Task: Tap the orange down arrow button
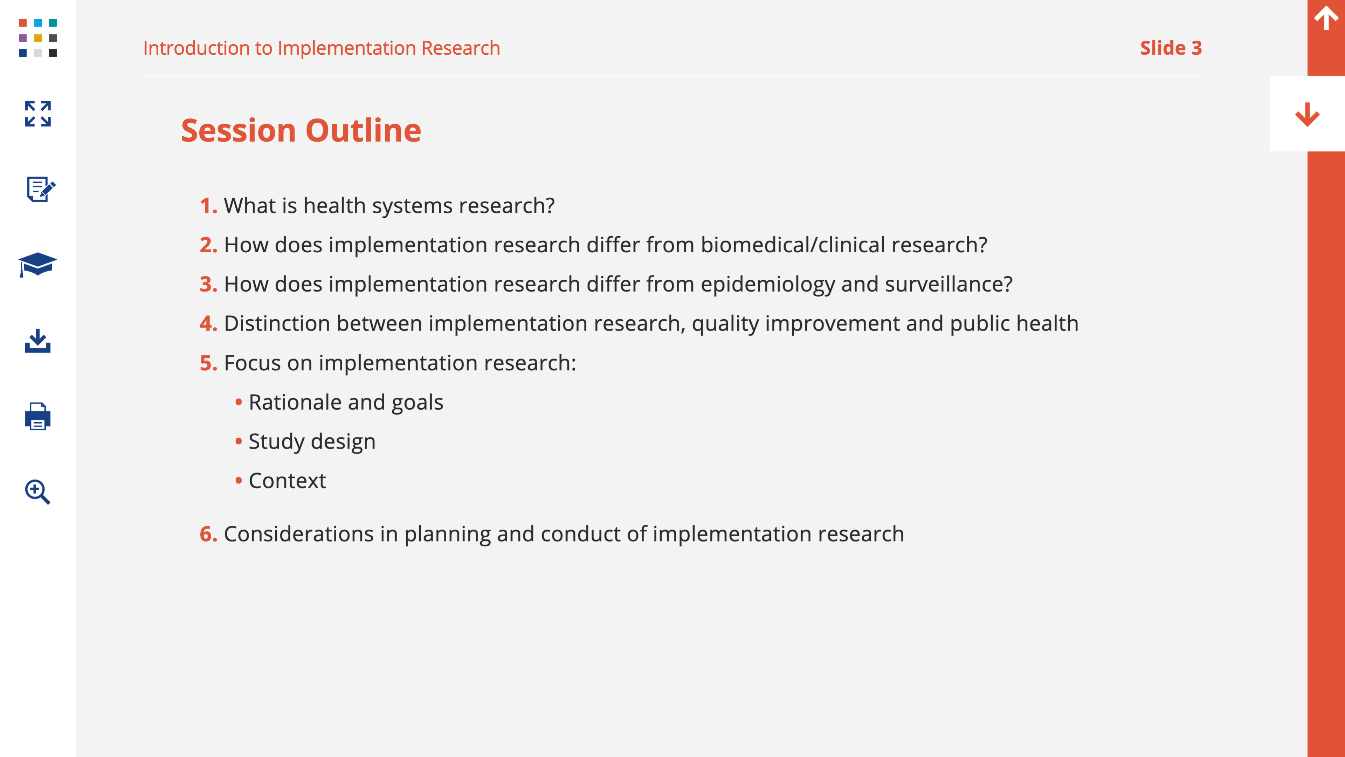pyautogui.click(x=1308, y=114)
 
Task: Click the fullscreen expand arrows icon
pyautogui.click(x=37, y=114)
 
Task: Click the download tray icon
pyautogui.click(x=37, y=341)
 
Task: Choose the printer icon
pyautogui.click(x=37, y=416)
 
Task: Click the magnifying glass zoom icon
pyautogui.click(x=37, y=492)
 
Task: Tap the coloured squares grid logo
pyautogui.click(x=37, y=37)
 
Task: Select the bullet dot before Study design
pyautogui.click(x=239, y=442)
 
